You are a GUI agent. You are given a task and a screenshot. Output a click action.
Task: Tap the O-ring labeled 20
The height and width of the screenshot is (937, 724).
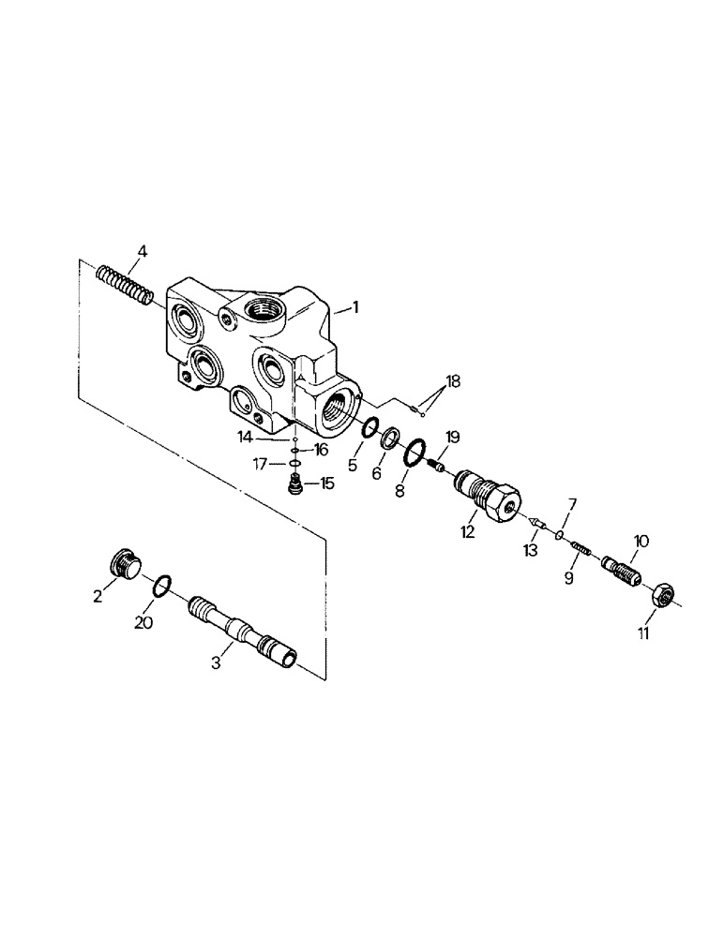click(x=161, y=587)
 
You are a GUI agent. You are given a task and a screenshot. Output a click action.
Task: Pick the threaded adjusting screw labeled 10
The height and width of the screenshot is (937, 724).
click(x=620, y=569)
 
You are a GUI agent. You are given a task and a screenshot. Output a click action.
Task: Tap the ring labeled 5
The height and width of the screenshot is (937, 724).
click(x=370, y=429)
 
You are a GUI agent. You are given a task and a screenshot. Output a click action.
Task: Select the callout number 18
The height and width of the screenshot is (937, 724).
click(x=453, y=380)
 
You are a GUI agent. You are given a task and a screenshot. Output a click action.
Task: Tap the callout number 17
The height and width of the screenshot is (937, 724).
click(x=267, y=463)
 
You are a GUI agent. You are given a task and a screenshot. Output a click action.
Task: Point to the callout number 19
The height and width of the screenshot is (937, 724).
click(x=452, y=437)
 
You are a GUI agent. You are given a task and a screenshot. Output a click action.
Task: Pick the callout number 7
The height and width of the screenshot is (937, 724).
click(x=570, y=506)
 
